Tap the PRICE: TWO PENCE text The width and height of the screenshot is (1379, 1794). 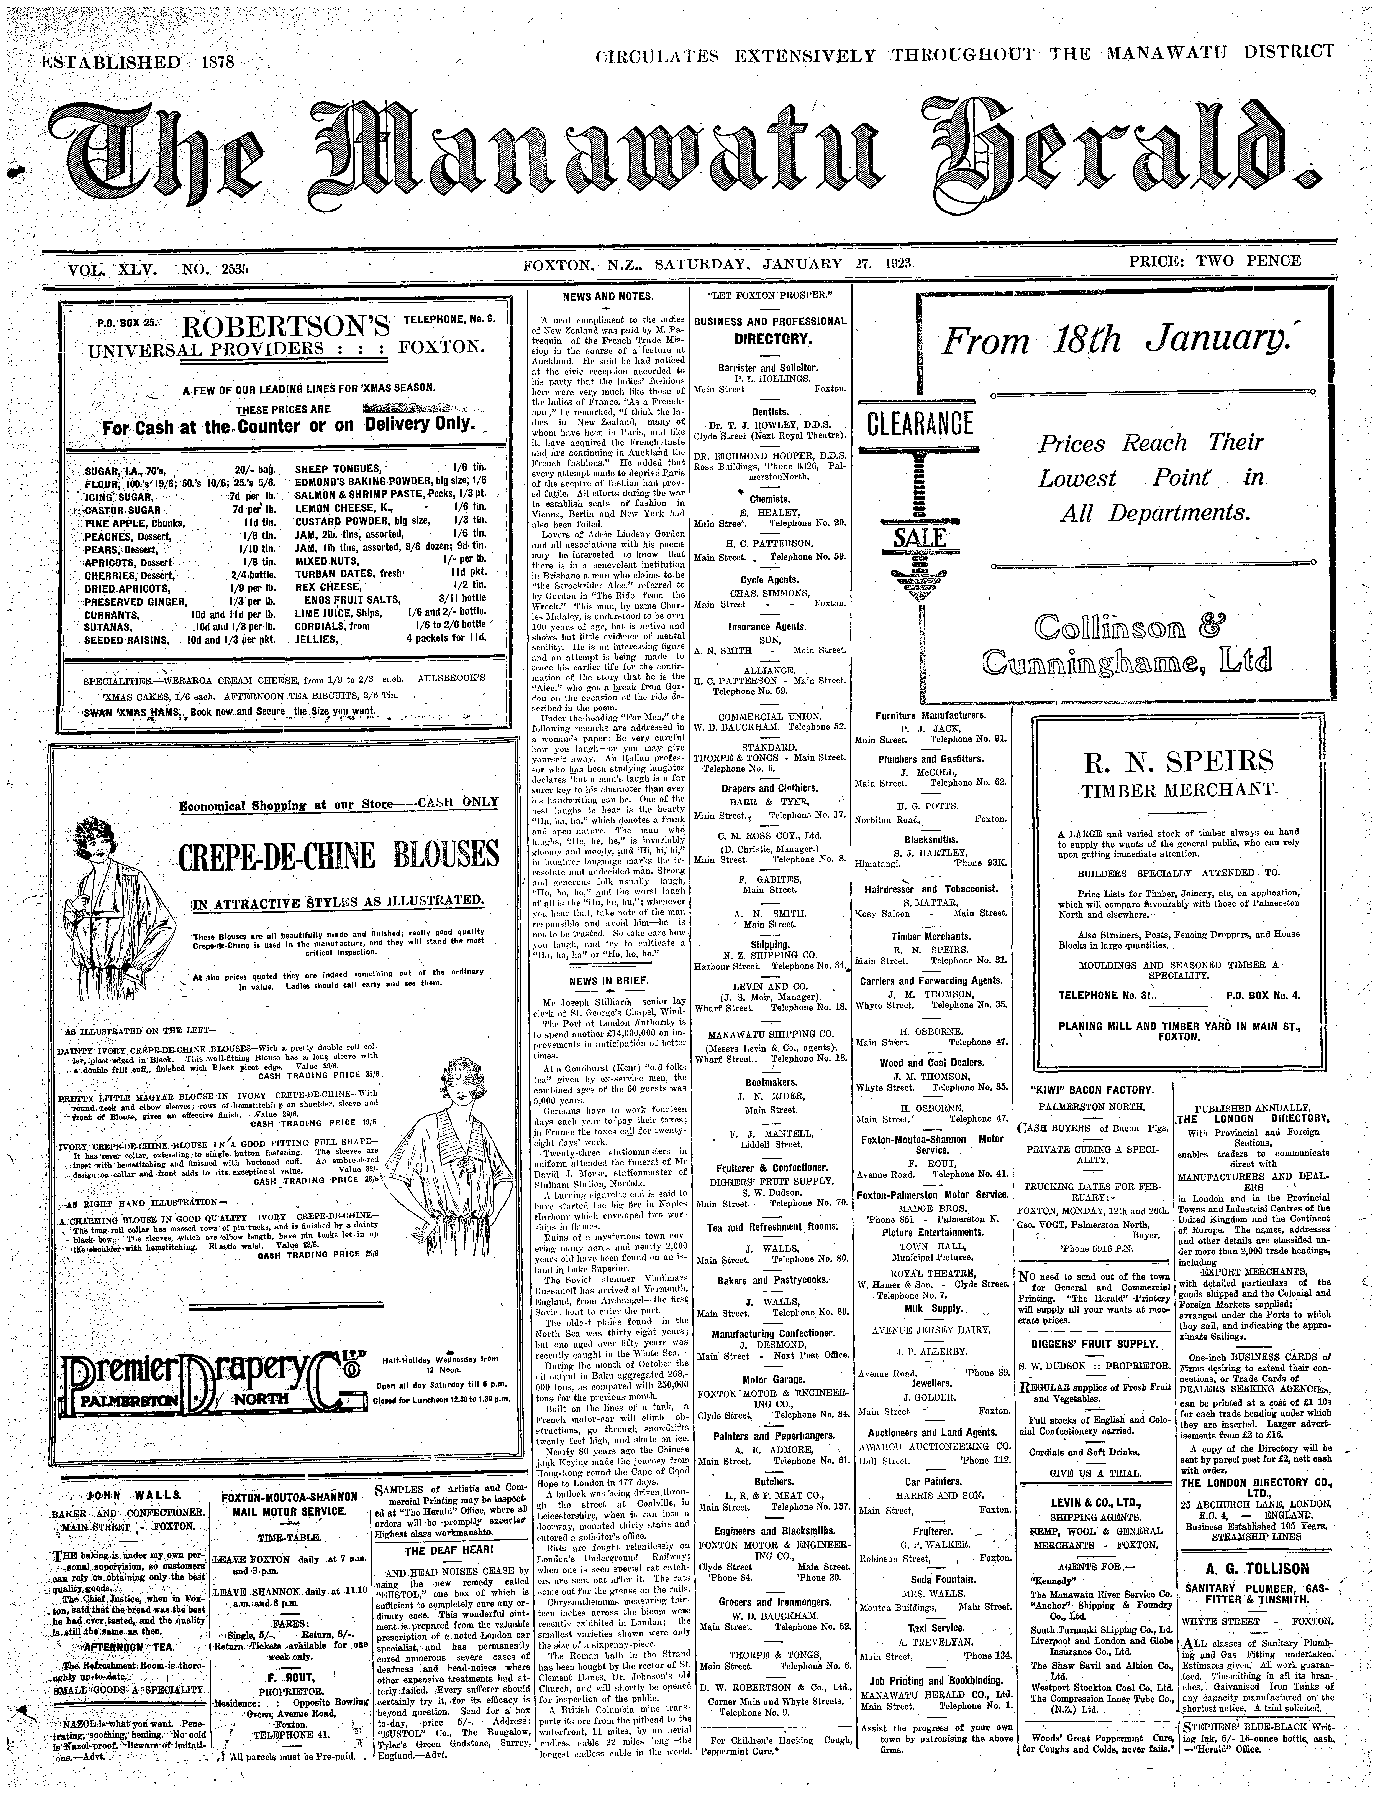(x=1215, y=261)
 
